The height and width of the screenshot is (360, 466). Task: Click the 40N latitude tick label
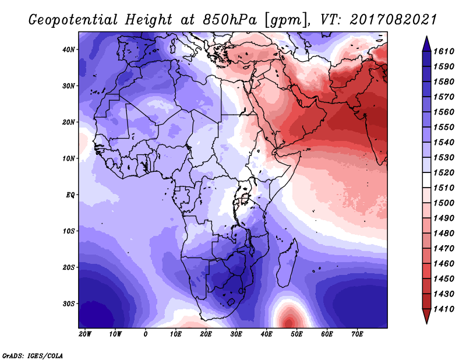pyautogui.click(x=68, y=50)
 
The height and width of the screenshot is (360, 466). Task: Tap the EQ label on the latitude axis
pyautogui.click(x=70, y=195)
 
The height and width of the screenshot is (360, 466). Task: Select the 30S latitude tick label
pyautogui.click(x=69, y=304)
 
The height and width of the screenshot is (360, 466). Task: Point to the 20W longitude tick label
pyautogui.click(x=85, y=334)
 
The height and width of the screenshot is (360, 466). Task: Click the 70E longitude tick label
pyautogui.click(x=357, y=334)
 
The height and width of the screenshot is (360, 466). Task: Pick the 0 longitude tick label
pyautogui.click(x=145, y=334)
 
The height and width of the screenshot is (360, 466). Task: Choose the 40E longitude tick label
pyautogui.click(x=266, y=334)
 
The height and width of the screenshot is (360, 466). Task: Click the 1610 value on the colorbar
pyautogui.click(x=444, y=51)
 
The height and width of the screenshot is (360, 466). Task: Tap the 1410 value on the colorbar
pyautogui.click(x=444, y=309)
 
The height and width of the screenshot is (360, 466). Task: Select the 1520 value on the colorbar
pyautogui.click(x=444, y=172)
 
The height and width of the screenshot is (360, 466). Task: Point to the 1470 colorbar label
pyautogui.click(x=444, y=249)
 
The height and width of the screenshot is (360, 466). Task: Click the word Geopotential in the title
pyautogui.click(x=73, y=20)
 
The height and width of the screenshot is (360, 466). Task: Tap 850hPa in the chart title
pyautogui.click(x=230, y=20)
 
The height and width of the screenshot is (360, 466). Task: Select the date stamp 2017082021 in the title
pyautogui.click(x=393, y=19)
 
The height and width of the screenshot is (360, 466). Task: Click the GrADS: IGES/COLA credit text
pyautogui.click(x=33, y=355)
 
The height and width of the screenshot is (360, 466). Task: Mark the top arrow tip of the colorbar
pyautogui.click(x=426, y=37)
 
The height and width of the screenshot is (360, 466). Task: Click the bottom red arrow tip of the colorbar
pyautogui.click(x=426, y=323)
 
